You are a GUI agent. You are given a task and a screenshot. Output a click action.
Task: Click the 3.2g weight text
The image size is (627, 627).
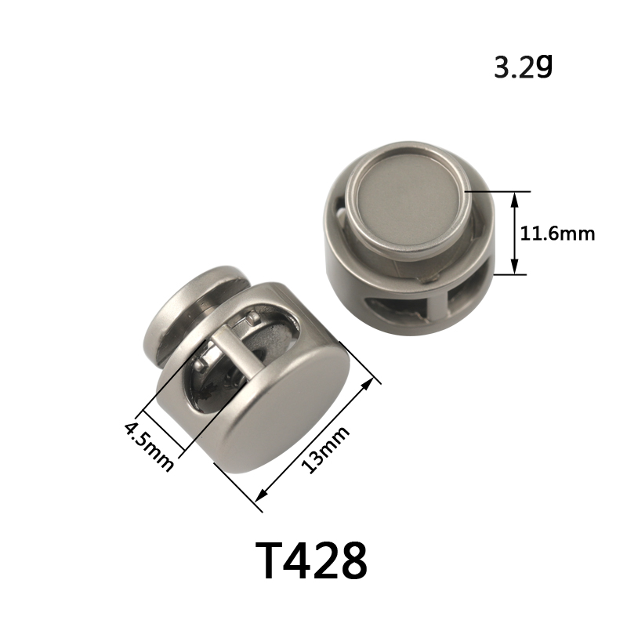(x=523, y=67)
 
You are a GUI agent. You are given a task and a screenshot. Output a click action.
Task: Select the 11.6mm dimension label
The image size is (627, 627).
(x=557, y=233)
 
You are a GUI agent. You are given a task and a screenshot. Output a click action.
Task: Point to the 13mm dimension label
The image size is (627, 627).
(x=324, y=449)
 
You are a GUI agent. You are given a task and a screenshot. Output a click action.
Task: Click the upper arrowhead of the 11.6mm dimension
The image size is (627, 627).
(x=515, y=199)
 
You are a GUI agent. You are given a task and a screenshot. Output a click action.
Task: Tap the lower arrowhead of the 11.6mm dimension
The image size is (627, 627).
(x=515, y=266)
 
